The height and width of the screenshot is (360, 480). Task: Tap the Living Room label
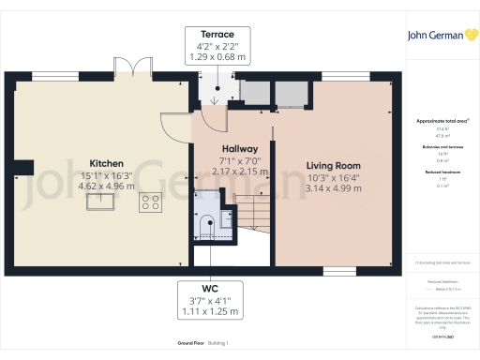point(333,165)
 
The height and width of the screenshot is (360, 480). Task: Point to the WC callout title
point(217,288)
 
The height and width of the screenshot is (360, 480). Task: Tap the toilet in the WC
point(208,222)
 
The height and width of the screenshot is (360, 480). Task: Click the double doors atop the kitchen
point(139,68)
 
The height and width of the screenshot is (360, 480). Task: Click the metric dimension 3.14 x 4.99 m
point(333,187)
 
